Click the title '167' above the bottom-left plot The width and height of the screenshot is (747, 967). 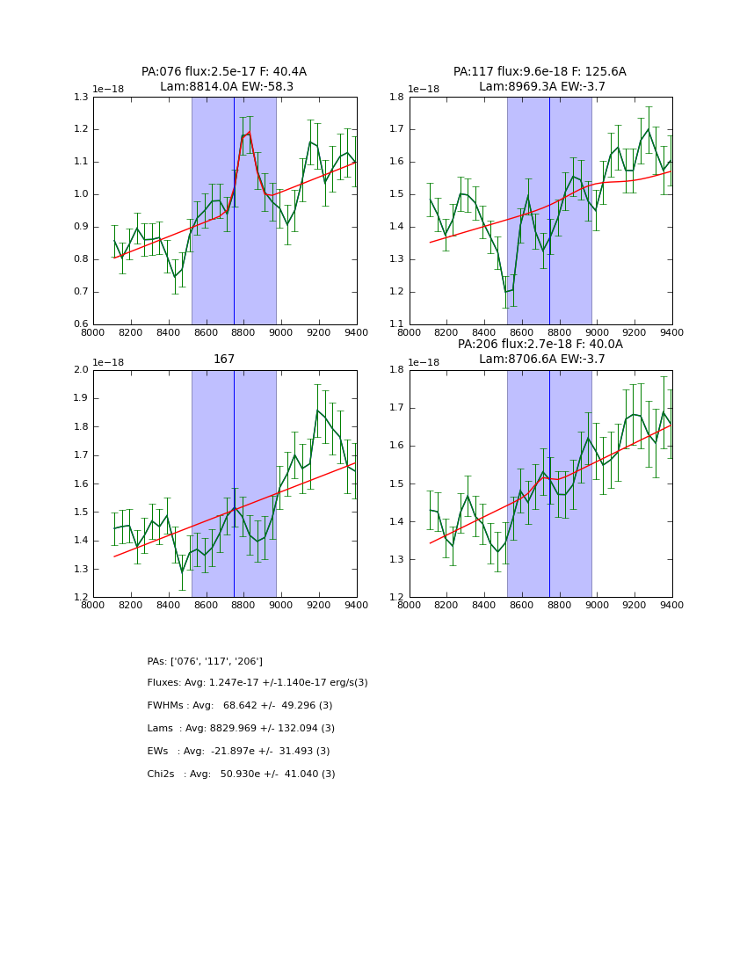(x=224, y=359)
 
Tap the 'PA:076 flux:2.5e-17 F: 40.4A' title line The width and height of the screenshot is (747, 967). (x=224, y=71)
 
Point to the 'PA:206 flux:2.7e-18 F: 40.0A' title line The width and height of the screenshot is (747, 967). (x=540, y=344)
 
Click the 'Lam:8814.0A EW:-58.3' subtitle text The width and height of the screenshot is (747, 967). (x=226, y=86)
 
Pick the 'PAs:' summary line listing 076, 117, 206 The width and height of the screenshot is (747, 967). (x=205, y=661)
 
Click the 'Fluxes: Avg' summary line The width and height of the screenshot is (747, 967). (x=257, y=683)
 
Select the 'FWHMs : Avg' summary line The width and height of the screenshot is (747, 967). (x=239, y=706)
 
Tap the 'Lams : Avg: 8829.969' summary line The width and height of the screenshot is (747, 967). (x=241, y=729)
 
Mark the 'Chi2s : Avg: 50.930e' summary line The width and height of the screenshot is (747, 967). (x=241, y=774)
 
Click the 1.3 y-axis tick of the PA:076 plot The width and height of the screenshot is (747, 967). (x=80, y=97)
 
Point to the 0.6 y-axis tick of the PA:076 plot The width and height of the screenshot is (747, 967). (x=80, y=324)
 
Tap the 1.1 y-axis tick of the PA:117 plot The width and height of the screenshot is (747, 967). (x=395, y=324)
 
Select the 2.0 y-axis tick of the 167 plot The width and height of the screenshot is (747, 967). (x=80, y=369)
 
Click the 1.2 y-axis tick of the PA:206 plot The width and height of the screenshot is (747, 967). (x=395, y=598)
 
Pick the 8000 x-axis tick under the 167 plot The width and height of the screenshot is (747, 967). (x=93, y=606)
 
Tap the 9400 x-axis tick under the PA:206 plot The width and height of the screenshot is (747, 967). (x=672, y=606)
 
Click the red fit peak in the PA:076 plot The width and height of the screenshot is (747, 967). (x=249, y=133)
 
